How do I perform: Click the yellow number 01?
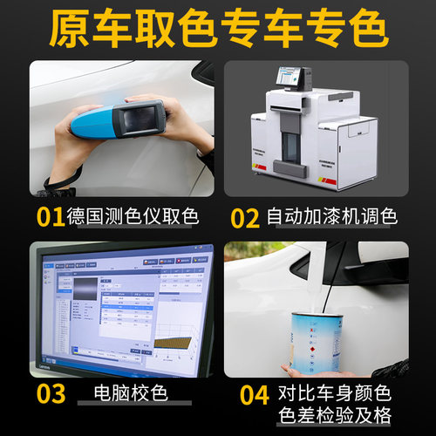coord(51,215)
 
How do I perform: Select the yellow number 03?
coord(51,393)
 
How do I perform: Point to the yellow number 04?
coord(254,394)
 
